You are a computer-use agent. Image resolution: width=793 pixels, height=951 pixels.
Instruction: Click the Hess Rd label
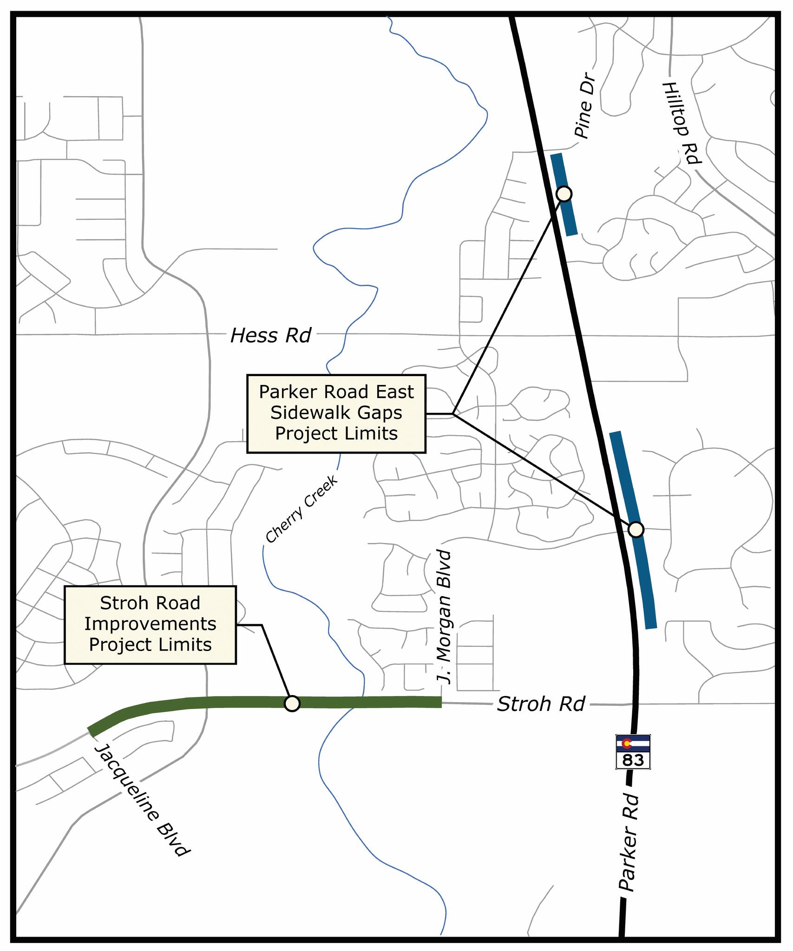click(x=271, y=336)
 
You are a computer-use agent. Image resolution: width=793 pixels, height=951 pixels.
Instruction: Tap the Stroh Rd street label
click(x=541, y=704)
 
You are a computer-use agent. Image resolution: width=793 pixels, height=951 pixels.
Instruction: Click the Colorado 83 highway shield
click(x=633, y=751)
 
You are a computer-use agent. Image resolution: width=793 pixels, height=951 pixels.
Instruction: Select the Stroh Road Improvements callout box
click(x=151, y=625)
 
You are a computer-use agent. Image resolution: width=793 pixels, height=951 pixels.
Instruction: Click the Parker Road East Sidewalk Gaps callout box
click(x=336, y=413)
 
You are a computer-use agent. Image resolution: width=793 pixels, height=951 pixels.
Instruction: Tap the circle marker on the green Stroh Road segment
click(x=292, y=703)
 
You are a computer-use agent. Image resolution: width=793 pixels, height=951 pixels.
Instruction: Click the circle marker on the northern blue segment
click(x=564, y=194)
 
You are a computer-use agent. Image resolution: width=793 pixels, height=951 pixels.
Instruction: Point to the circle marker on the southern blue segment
click(x=636, y=529)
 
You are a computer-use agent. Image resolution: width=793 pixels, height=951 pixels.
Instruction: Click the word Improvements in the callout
click(x=151, y=624)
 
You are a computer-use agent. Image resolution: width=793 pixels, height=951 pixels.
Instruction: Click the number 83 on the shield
click(x=633, y=760)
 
